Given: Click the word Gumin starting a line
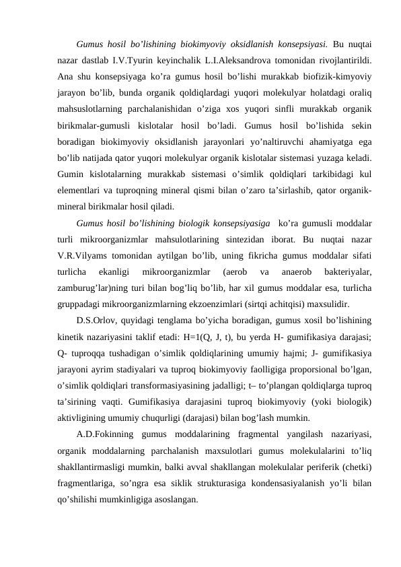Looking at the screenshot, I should pyautogui.click(x=71, y=173).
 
